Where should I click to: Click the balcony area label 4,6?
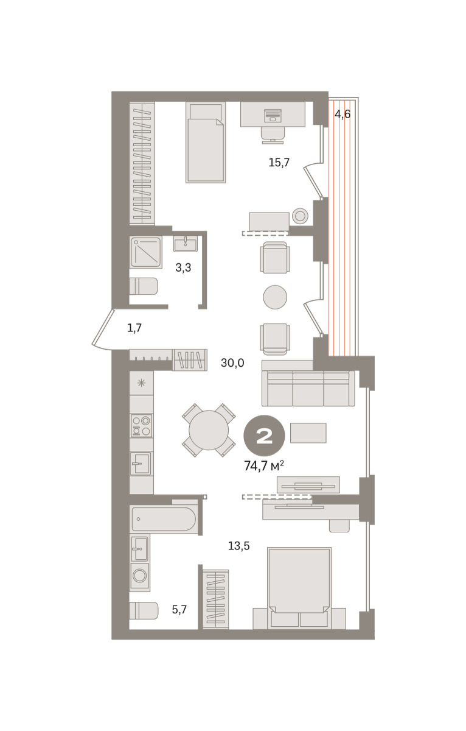coord(342,115)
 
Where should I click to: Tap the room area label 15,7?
coord(279,162)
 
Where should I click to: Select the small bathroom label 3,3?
coord(183,267)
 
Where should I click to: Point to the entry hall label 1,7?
coord(134,328)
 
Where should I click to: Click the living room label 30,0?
coord(232,362)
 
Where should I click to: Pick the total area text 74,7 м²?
coord(263,467)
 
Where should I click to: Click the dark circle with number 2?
coord(264,436)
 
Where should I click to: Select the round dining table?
coord(209,430)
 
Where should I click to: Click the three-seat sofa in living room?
coord(308,389)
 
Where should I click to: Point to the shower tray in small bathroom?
coord(146,252)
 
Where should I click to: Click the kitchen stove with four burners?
coord(141,426)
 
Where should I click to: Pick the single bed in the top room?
coord(206,143)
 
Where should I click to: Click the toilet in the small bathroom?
coord(144,286)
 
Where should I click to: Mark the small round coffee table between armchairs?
coord(275,297)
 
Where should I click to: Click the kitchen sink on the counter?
coord(141,464)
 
